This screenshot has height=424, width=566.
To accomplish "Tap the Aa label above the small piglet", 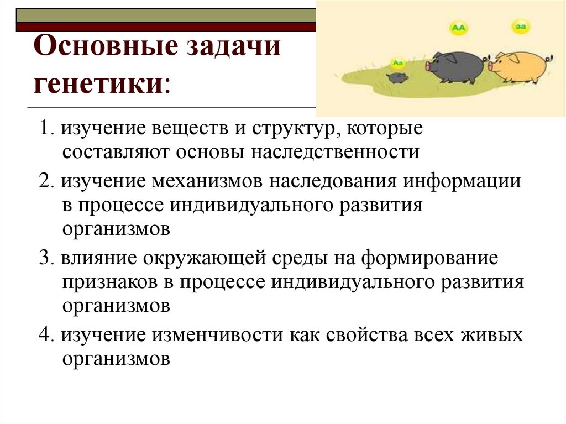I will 397,62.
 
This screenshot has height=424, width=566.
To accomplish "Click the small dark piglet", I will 397,77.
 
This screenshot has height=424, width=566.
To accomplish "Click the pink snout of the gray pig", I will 429,65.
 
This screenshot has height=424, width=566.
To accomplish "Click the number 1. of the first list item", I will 46,129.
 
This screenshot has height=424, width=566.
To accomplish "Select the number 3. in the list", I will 46,259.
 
